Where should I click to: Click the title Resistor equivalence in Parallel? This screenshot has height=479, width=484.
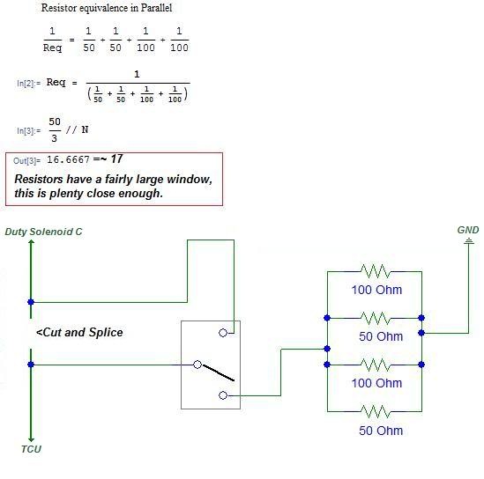(x=107, y=8)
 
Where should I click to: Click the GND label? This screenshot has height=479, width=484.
(x=468, y=230)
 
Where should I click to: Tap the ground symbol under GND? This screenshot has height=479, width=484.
(x=469, y=240)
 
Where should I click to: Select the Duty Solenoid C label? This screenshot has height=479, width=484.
(x=43, y=232)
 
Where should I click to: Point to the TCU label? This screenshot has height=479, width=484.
(x=31, y=449)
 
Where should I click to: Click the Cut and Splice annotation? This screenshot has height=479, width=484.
(x=79, y=332)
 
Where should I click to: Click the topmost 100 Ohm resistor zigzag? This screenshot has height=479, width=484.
(x=375, y=271)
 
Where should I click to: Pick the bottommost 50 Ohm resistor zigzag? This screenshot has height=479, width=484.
(x=375, y=411)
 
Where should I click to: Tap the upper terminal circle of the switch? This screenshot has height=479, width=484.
(x=223, y=333)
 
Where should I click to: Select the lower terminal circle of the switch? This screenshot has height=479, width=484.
(x=223, y=395)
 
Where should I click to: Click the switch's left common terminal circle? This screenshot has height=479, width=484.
(x=197, y=365)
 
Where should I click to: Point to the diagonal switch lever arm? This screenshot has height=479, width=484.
(x=218, y=373)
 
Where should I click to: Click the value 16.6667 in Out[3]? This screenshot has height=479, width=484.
(x=68, y=159)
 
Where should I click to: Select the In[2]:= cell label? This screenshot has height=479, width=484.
(x=29, y=84)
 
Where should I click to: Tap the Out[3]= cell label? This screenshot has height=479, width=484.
(x=26, y=160)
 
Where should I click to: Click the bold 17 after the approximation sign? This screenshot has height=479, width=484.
(x=116, y=159)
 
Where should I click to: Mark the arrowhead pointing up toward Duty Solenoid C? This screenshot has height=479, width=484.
(x=31, y=243)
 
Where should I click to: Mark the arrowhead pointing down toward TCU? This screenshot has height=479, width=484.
(x=31, y=438)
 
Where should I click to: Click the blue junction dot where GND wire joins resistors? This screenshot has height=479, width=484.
(x=421, y=333)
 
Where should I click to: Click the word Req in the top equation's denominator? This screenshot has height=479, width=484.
(x=52, y=48)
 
